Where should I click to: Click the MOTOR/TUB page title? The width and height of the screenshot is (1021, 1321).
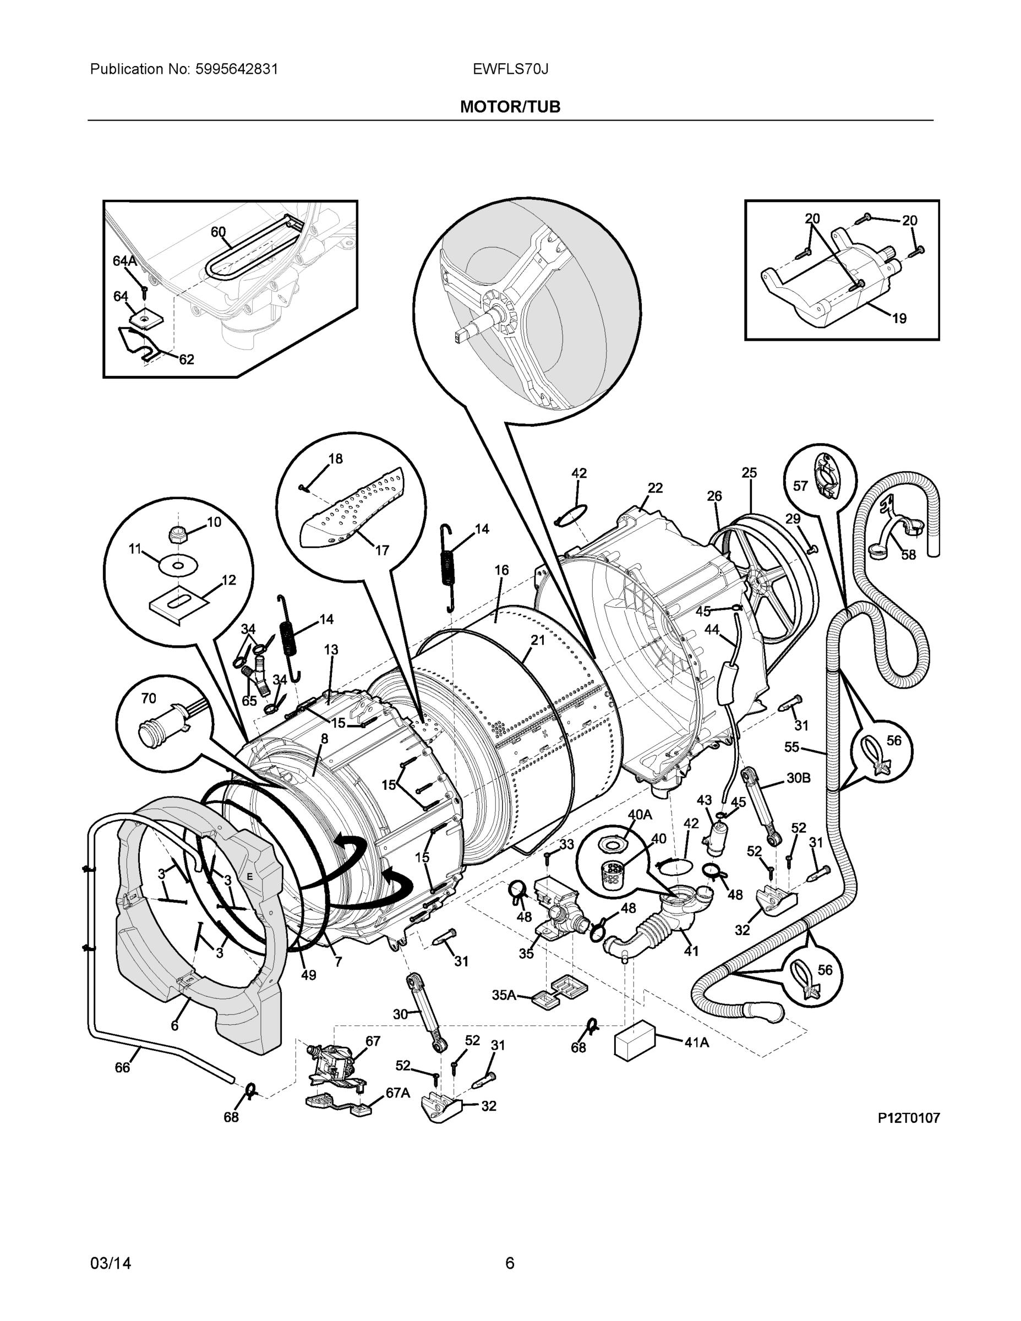pos(510,107)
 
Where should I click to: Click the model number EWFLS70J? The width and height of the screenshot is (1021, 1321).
pos(510,69)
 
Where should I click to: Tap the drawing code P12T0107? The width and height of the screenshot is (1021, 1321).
pos(909,1118)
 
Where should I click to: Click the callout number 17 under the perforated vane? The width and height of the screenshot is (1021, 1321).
pos(381,550)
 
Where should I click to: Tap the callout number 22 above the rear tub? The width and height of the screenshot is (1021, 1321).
pos(655,488)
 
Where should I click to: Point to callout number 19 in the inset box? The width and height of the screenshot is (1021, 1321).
pos(899,318)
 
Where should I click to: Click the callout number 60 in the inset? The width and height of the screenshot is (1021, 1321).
pos(218,232)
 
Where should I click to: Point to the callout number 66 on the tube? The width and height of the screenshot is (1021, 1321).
pos(122,1068)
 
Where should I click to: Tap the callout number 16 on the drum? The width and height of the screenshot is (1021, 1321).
pos(501,570)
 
